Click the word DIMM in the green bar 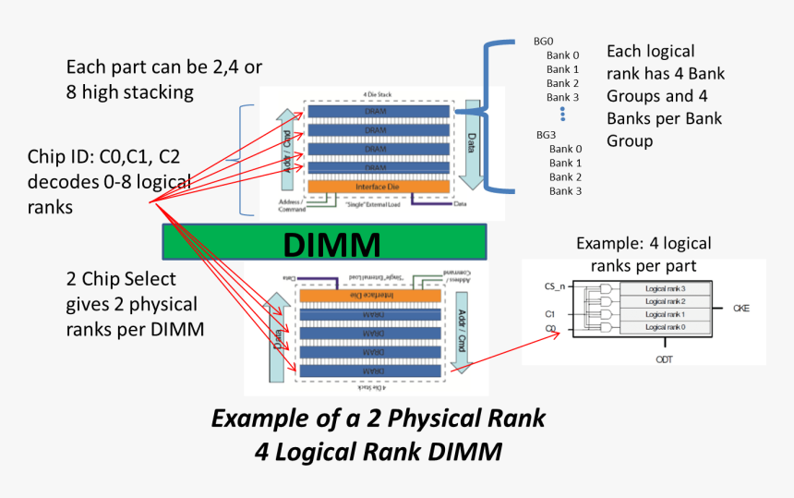tap(331, 245)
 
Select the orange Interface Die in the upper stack tap(379, 186)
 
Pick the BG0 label tap(543, 42)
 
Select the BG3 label tap(546, 135)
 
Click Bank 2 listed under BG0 tap(562, 83)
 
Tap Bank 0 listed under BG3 tap(565, 149)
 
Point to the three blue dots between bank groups tap(561, 114)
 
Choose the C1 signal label tap(550, 314)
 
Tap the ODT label tap(663, 358)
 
